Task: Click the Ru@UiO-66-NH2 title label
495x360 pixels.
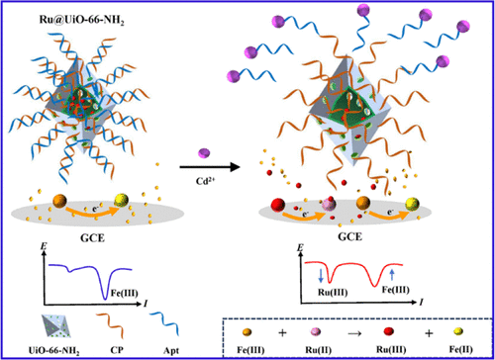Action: pos(82,20)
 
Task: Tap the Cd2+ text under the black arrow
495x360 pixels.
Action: pos(205,181)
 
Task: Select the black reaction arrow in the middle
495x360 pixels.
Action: pos(210,167)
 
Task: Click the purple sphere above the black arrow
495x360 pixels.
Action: pos(204,153)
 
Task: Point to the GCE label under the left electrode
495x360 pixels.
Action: pos(92,237)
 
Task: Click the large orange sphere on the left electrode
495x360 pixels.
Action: pos(59,201)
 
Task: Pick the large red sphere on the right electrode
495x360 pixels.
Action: pos(278,205)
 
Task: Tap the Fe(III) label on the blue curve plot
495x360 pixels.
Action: pos(124,293)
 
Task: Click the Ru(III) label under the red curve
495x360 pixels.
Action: pos(333,292)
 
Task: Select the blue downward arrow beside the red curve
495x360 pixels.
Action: pos(321,275)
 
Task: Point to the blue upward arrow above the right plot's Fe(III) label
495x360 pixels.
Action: pos(392,274)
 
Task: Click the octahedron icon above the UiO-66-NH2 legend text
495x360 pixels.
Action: pos(56,326)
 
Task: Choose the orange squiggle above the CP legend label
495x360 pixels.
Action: pos(110,325)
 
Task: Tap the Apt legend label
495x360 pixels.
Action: pos(171,350)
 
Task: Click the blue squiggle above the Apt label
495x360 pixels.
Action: pos(164,323)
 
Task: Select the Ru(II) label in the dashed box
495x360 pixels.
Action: pos(318,349)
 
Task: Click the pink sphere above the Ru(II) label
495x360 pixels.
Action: pos(316,331)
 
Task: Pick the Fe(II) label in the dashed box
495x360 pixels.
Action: pos(460,349)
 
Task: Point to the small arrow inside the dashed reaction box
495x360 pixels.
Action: pos(354,333)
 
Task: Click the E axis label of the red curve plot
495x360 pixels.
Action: pos(300,247)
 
